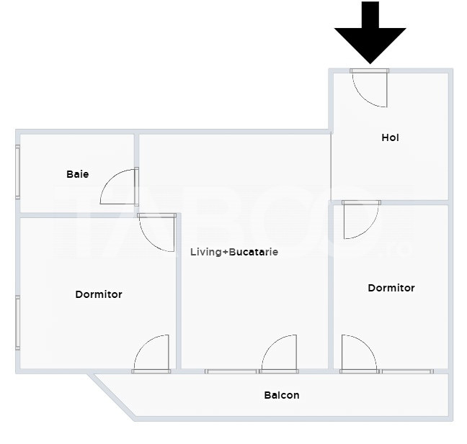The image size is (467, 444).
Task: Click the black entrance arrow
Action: pos(370,32)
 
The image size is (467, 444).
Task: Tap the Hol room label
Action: pos(390,137)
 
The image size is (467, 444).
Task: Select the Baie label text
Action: pos(77,174)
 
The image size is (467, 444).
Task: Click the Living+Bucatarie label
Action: pos(234,252)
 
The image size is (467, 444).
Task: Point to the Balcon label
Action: pos(282,395)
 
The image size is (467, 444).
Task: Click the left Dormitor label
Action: pos(99,294)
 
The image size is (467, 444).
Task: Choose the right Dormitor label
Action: pos(391,288)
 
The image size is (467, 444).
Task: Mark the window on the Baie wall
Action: pos(17,171)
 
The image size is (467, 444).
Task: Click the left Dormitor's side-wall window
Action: pos(17,322)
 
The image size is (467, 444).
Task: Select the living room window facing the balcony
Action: pos(231,371)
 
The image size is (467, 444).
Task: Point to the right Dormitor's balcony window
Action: pos(407,371)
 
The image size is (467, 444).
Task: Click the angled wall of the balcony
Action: pos(112,396)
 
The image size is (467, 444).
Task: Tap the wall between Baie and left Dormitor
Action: pos(77,215)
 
